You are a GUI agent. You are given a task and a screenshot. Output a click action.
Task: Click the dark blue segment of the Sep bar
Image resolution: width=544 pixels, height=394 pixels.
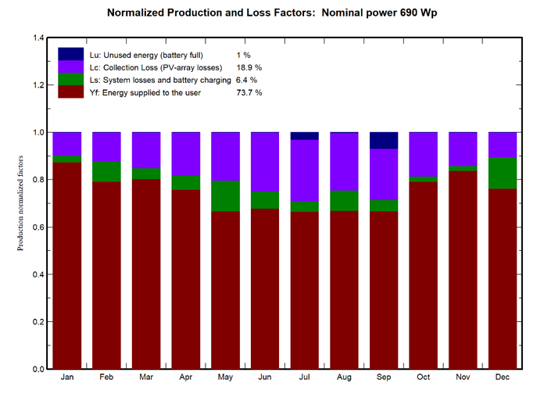tap(384, 141)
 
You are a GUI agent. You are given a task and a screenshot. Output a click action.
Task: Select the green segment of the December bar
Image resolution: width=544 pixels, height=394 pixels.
tap(503, 173)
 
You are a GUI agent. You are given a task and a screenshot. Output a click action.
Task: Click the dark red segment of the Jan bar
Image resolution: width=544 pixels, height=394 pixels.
tap(66, 265)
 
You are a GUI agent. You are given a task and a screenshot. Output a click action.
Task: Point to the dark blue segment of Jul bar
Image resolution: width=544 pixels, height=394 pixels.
tap(304, 136)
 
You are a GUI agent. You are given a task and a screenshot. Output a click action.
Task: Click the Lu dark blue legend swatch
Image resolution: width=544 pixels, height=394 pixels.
tap(70, 54)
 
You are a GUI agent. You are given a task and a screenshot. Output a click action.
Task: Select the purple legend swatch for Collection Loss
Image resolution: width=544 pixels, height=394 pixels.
tap(70, 67)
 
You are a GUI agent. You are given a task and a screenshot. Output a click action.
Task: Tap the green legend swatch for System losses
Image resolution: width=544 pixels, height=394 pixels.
tap(70, 80)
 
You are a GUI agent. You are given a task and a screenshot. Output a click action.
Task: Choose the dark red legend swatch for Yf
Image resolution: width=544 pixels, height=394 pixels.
tap(70, 92)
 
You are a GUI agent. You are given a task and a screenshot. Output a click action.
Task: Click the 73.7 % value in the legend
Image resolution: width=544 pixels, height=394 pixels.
tap(249, 93)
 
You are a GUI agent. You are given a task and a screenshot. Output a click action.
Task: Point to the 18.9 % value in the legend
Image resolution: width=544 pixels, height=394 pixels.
tap(249, 68)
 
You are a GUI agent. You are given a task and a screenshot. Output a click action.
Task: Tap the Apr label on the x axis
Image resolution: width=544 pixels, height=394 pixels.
tap(185, 378)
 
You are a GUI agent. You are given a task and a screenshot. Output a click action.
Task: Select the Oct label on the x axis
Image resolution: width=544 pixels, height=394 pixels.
tap(423, 378)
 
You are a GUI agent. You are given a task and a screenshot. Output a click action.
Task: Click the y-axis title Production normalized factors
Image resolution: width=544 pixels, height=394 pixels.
tap(21, 203)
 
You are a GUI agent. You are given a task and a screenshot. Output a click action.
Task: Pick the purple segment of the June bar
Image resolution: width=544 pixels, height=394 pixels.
tap(265, 162)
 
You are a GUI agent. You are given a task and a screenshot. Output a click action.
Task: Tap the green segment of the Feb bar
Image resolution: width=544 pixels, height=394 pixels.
tap(106, 172)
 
